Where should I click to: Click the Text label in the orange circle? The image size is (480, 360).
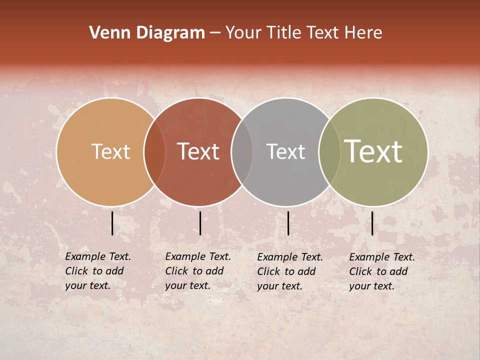pos(110,151)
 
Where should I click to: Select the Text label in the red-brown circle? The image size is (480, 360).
pos(198,151)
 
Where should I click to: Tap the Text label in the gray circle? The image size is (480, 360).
pos(285,151)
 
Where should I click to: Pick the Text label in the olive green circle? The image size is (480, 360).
pos(373,151)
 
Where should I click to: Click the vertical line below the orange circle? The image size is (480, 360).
pos(112,223)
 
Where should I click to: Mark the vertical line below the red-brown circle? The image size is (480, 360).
pos(200,223)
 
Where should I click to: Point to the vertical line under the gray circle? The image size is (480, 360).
pos(288,223)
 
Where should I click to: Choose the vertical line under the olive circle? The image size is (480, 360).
pos(372,223)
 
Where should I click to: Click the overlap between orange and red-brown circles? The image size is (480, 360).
pos(154,151)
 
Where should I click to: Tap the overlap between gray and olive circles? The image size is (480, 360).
pos(329,151)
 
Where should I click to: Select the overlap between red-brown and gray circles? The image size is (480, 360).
pos(241,151)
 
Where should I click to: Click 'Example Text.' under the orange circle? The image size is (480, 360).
pos(98,256)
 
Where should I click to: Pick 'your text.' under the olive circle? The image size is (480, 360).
pos(371,286)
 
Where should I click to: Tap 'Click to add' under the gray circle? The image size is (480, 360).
pos(286,271)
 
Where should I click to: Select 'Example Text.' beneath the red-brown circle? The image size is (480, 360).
pos(198,256)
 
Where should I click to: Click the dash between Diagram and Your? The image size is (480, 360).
pos(215,33)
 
